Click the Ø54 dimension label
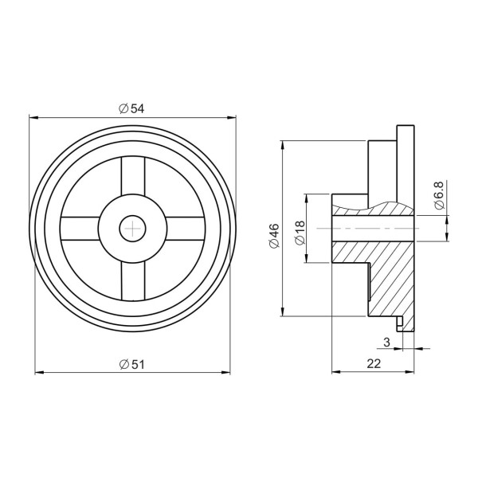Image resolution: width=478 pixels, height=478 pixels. [131, 108]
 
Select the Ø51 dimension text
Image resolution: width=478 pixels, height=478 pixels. [132, 364]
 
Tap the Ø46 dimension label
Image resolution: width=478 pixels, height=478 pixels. [274, 236]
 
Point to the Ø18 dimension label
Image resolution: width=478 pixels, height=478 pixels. [300, 233]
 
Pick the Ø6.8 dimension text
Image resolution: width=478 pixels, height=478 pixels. [441, 195]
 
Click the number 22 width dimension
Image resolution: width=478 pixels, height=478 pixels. [374, 363]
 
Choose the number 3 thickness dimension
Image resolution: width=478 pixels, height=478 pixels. [386, 342]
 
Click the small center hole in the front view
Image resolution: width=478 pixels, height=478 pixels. [132, 229]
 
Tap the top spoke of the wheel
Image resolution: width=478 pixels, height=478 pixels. [133, 176]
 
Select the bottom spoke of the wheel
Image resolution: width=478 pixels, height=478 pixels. [133, 280]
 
